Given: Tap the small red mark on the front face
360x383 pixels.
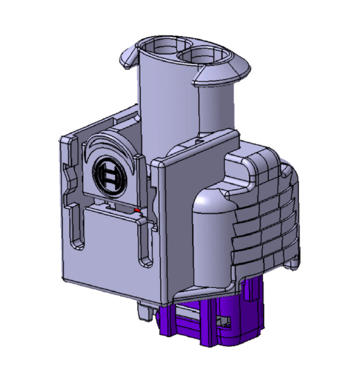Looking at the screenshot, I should tap(137, 208).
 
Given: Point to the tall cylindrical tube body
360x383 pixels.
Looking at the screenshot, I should tap(170, 104).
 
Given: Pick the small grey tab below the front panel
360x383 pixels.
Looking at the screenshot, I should tap(146, 311).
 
